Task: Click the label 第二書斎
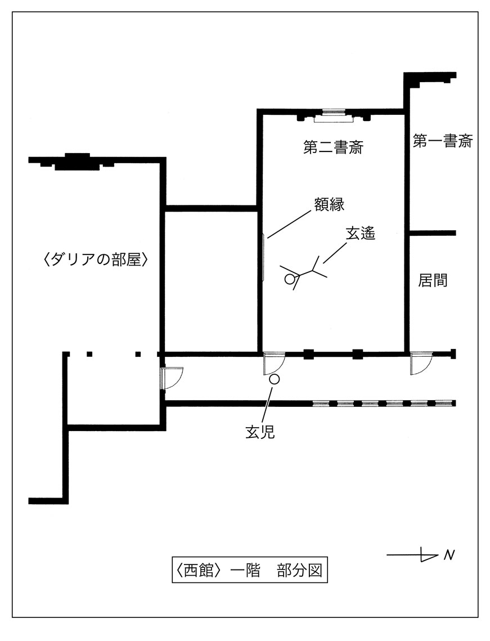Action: coord(333,149)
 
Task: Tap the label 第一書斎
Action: coord(442,141)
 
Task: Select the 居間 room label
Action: coord(433,280)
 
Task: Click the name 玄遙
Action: coord(360,234)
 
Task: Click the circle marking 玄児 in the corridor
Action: coord(274,379)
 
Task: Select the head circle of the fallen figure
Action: coord(290,278)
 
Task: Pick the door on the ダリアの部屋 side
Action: coord(172,378)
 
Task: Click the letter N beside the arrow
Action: coord(449,555)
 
